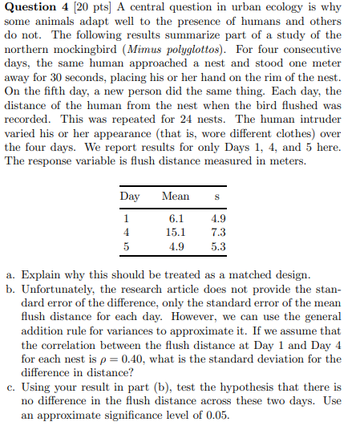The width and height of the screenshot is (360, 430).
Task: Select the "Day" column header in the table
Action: point(130,196)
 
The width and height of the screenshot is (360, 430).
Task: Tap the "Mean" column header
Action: point(176,196)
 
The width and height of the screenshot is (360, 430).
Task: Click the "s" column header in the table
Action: point(217,196)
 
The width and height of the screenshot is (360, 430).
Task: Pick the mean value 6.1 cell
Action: point(176,217)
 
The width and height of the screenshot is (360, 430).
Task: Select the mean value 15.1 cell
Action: point(176,232)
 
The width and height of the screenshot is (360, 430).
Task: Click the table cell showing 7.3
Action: point(217,232)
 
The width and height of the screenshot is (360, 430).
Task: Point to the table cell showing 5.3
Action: point(217,246)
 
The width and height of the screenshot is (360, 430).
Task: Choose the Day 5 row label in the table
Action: point(127,246)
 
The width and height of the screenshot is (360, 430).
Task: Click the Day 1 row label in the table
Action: point(127,217)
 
